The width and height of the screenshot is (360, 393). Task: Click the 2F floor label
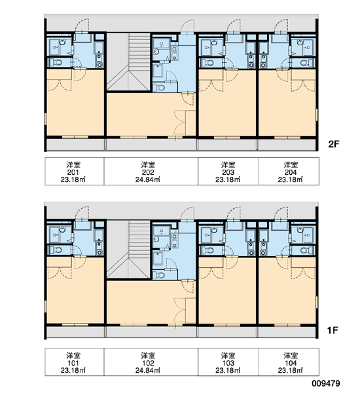point(333,144)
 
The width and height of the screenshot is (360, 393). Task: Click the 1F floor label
point(333,331)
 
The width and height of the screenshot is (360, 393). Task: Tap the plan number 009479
point(326,383)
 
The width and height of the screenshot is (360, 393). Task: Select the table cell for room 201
point(75,172)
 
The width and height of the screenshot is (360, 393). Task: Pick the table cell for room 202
point(151,172)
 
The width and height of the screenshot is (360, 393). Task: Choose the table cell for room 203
point(228,172)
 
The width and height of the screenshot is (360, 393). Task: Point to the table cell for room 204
point(289,172)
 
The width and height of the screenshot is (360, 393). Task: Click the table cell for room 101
point(75,362)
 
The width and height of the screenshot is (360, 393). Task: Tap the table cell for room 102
point(151,362)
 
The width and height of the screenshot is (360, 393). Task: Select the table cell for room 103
point(228,362)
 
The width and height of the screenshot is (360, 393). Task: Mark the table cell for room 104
point(289,362)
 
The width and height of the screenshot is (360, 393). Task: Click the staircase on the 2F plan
point(128,62)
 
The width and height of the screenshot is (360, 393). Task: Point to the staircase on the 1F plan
point(128,250)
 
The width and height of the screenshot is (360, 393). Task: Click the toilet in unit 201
point(56,62)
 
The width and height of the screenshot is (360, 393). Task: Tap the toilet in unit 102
point(159,275)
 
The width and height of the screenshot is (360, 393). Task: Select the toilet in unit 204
point(306,62)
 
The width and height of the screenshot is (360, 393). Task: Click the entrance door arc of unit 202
point(187,26)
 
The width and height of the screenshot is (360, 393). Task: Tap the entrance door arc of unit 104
point(281,213)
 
